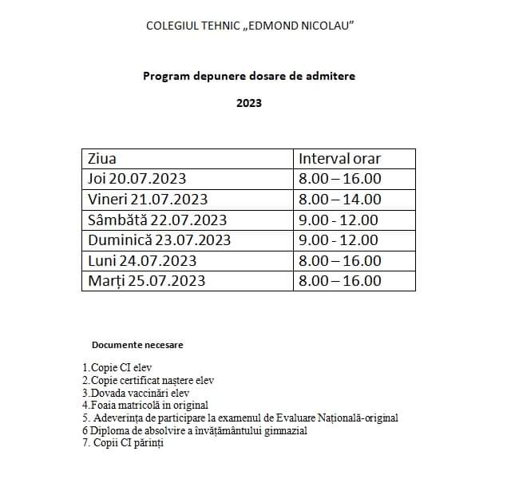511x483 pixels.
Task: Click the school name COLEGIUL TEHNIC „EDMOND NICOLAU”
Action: (250, 26)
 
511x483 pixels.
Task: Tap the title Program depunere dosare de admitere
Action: (249, 77)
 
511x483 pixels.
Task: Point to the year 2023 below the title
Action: (249, 103)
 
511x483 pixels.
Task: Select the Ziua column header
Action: (102, 158)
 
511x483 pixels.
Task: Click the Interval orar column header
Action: (339, 158)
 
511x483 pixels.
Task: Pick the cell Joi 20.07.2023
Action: (137, 179)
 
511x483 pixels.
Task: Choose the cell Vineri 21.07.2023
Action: (148, 200)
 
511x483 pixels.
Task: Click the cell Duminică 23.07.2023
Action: (159, 240)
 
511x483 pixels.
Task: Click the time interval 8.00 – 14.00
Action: (339, 200)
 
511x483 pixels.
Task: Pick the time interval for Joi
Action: (339, 179)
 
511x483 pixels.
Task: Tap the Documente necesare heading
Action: (137, 345)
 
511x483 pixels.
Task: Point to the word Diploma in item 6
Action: (107, 431)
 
